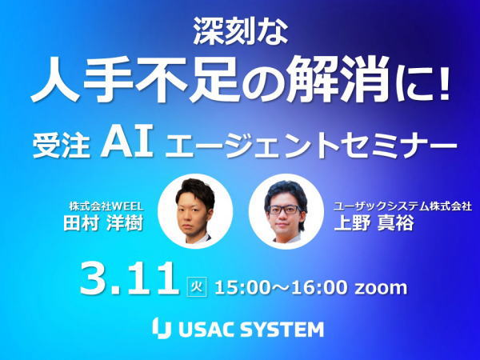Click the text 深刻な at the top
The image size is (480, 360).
click(241, 31)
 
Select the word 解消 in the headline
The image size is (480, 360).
click(336, 79)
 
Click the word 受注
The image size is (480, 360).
click(62, 146)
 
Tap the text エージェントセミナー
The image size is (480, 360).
click(312, 146)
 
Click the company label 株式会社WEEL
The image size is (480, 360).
click(106, 206)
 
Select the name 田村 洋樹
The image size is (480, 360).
click(103, 223)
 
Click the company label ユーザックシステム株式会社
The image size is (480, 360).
click(402, 206)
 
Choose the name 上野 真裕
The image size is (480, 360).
click(374, 223)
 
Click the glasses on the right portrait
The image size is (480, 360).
click(285, 210)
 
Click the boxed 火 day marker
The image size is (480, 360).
click(197, 287)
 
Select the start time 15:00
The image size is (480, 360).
click(245, 287)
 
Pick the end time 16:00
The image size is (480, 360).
click(319, 287)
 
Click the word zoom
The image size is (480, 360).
click(381, 288)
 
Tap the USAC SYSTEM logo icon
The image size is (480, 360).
click(162, 328)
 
